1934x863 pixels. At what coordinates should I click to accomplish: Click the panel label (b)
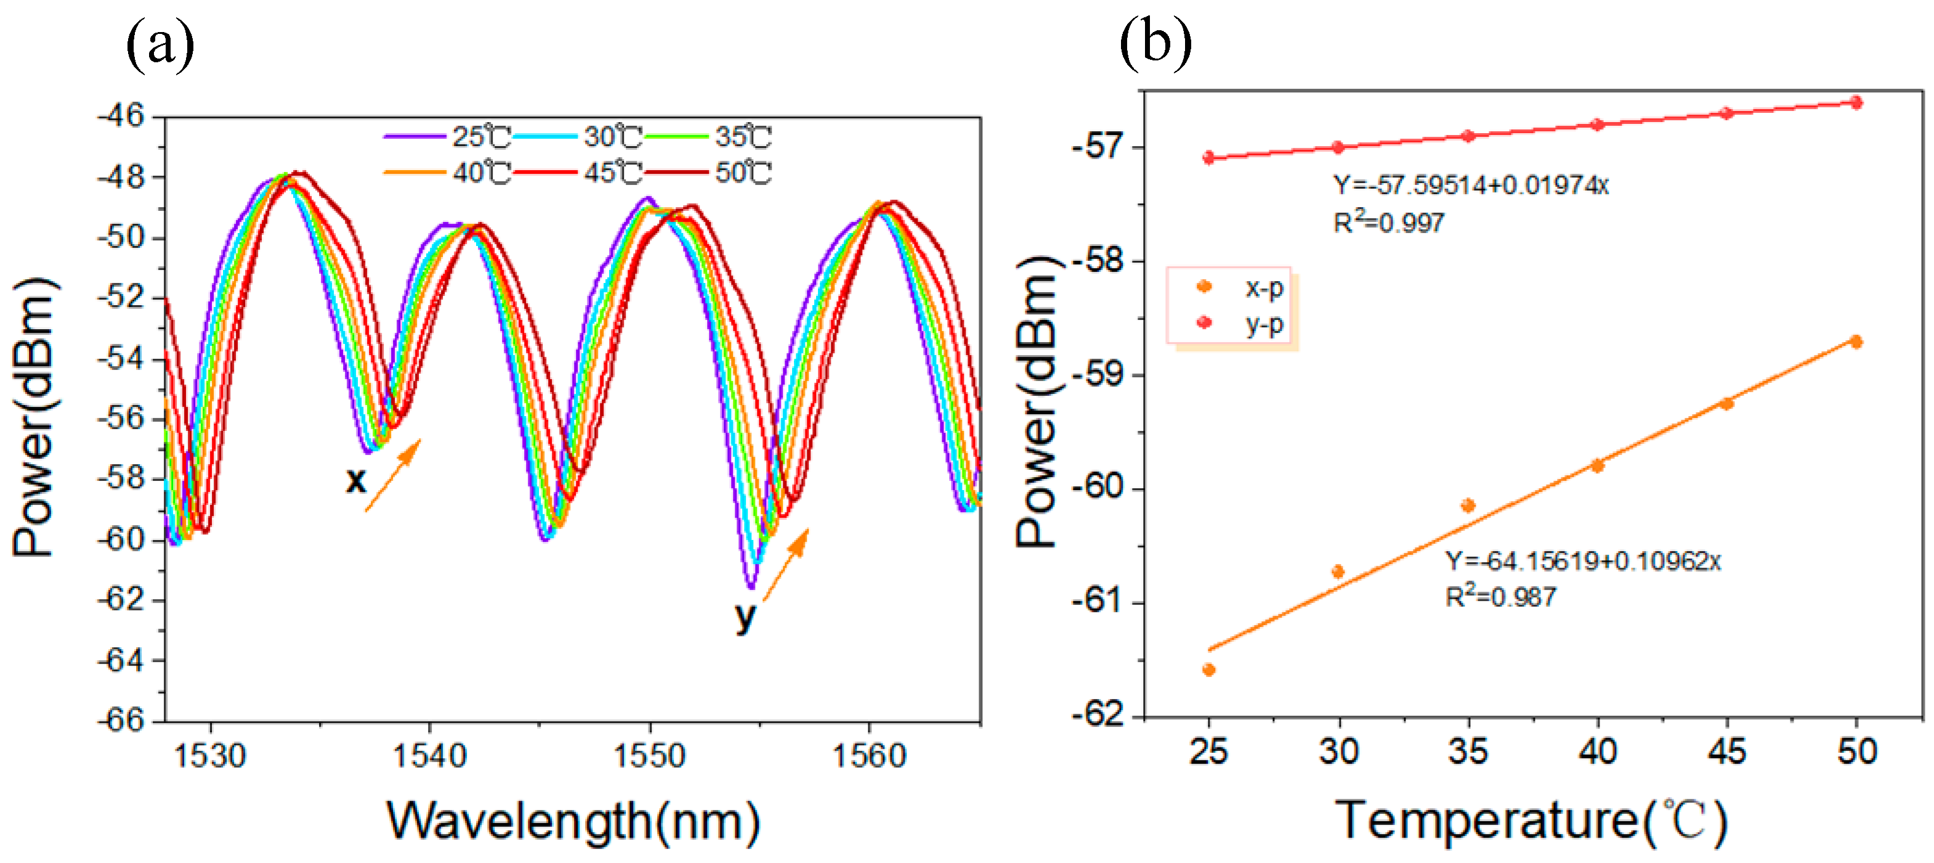pyautogui.click(x=1155, y=44)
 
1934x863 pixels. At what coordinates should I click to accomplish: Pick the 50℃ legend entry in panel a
pyautogui.click(x=710, y=173)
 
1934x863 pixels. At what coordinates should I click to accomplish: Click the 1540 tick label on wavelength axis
pyautogui.click(x=429, y=756)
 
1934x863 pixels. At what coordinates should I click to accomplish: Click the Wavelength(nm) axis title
pyautogui.click(x=573, y=821)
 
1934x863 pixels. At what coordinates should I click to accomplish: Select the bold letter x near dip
pyautogui.click(x=356, y=481)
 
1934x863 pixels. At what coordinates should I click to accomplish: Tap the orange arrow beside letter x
pyautogui.click(x=394, y=475)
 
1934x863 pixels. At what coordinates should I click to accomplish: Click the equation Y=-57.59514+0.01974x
pyautogui.click(x=1470, y=185)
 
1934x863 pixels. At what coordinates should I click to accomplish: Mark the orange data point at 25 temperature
pyautogui.click(x=1208, y=669)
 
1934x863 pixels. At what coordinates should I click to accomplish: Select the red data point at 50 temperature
pyautogui.click(x=1856, y=103)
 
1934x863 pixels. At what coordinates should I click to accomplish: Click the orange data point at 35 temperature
pyautogui.click(x=1468, y=505)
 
